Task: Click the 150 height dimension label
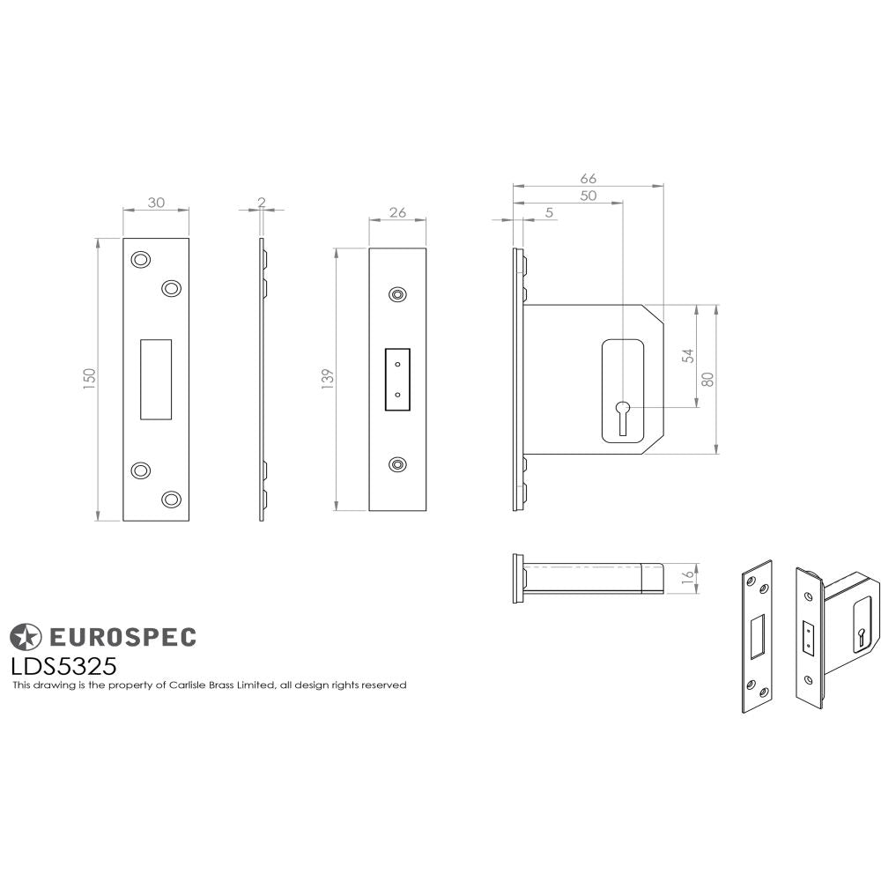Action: tap(89, 379)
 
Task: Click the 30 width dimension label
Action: tap(156, 202)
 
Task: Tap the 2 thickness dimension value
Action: tap(262, 202)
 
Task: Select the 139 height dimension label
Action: tap(328, 379)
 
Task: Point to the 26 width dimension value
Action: tap(397, 211)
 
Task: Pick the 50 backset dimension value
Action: tap(589, 196)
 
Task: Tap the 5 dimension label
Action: tap(550, 212)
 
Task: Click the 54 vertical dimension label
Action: tap(688, 355)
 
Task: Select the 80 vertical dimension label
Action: tap(707, 379)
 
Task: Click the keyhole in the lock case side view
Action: tap(623, 414)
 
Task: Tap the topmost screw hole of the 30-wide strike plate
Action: tap(140, 259)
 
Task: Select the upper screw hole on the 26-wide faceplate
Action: tap(398, 294)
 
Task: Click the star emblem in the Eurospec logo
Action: tap(25, 636)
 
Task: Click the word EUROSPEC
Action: tap(121, 636)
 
